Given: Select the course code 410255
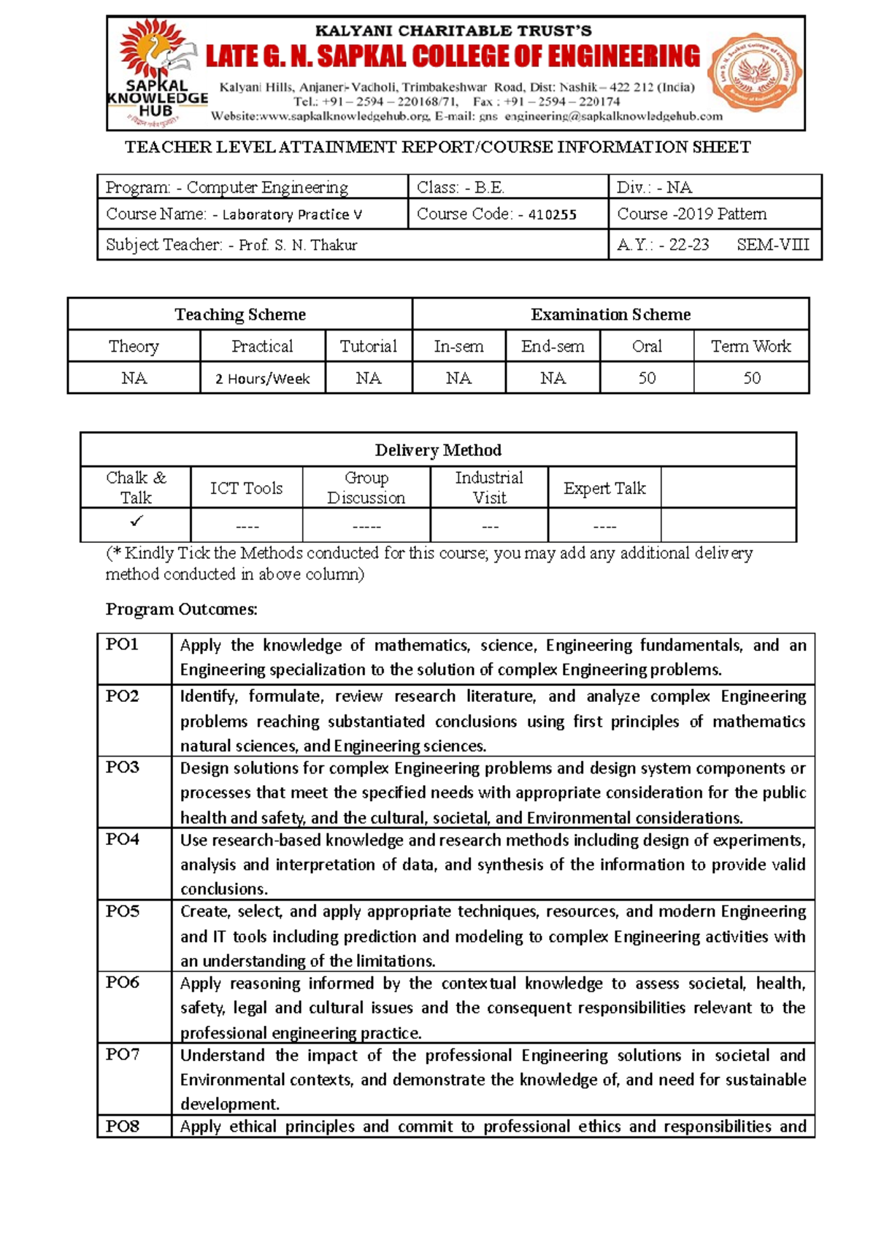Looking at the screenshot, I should click(553, 215).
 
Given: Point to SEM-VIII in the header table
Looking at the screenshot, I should click(772, 245).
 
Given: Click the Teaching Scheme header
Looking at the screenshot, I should click(240, 314).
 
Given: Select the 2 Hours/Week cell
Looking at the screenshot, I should click(262, 379).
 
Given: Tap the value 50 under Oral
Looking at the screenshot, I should click(647, 378).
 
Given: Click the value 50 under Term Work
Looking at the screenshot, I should click(751, 378).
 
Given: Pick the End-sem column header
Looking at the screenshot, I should click(553, 347).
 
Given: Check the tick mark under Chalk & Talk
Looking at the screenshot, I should click(137, 521).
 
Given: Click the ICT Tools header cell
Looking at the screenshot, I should click(246, 488).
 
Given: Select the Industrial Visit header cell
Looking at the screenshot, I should click(489, 487).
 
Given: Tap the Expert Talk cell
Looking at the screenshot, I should click(604, 488).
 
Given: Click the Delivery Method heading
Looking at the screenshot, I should click(438, 450).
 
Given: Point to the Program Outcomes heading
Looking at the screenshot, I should click(182, 609).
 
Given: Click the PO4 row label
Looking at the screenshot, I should click(123, 839).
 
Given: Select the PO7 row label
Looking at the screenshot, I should click(123, 1054).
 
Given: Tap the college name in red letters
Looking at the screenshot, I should click(453, 57).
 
